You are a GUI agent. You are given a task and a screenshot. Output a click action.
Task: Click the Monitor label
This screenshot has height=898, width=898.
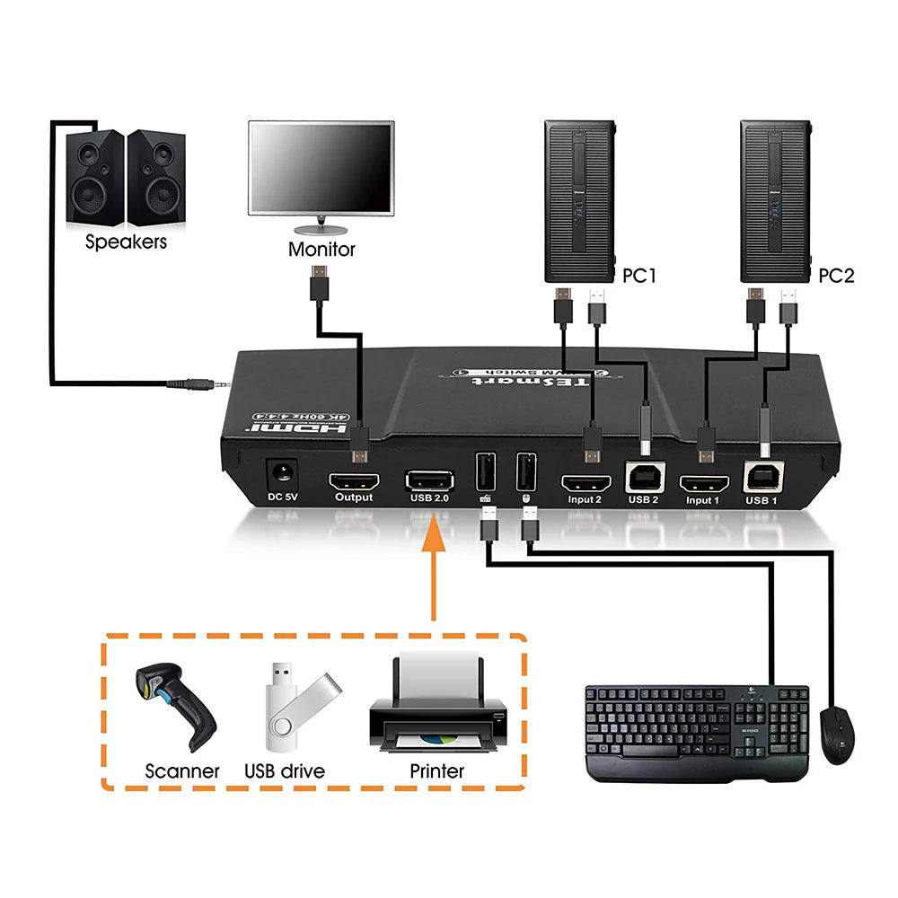coord(321,249)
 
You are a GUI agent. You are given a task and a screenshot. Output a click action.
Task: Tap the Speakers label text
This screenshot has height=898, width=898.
coord(126,242)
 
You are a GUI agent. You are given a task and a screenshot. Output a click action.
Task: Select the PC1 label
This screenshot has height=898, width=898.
coord(639,276)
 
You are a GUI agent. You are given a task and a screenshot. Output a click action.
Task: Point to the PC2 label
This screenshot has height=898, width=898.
coord(836,276)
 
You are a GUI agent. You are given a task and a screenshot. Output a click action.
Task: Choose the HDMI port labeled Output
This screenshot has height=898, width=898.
coord(353,480)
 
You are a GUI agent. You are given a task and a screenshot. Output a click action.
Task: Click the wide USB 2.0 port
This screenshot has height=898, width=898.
coord(430,480)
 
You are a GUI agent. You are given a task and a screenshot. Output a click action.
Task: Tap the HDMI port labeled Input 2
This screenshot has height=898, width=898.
coord(585,482)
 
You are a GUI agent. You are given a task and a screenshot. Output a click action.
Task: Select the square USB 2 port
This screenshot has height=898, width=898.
coord(643,479)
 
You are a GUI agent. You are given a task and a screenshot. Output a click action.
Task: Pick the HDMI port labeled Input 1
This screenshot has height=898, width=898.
coord(702,482)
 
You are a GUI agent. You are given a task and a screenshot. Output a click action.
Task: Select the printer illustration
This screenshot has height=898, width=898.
coord(437,705)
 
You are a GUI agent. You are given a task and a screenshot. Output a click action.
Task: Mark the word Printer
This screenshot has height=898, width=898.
coord(437,770)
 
